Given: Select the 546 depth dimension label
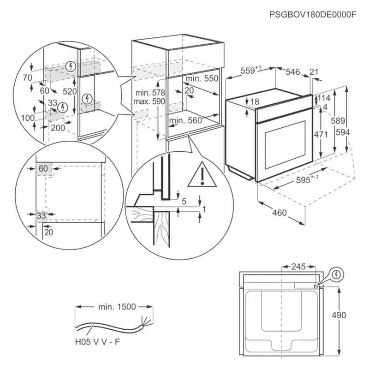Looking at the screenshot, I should [292, 71].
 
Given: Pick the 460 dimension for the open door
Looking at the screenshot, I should [279, 213].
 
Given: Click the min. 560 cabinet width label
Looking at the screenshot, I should [186, 121].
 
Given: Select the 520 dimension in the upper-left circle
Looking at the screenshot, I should [70, 92].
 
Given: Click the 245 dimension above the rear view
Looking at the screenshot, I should [299, 267].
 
